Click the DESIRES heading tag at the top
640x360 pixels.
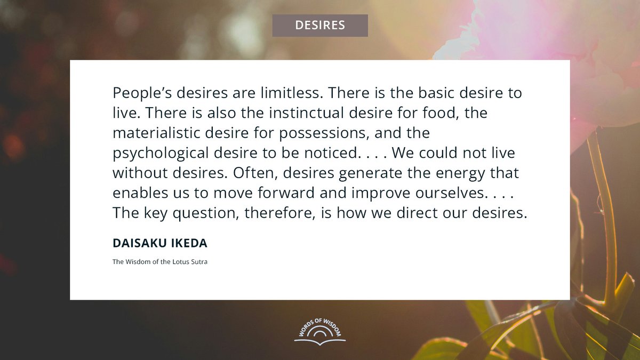coord(319,25)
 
